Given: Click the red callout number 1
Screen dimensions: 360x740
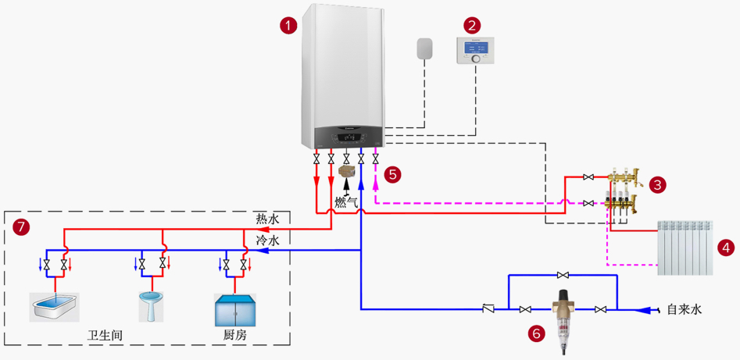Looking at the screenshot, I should (x=288, y=26).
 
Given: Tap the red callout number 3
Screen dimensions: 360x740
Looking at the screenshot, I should (x=658, y=185).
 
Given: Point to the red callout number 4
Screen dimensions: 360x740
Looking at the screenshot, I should (x=726, y=248).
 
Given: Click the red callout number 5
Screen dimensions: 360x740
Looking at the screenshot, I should (x=394, y=174).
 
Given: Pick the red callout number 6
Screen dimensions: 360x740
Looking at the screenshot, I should (x=537, y=333).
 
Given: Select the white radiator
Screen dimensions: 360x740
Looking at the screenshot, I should (x=685, y=248).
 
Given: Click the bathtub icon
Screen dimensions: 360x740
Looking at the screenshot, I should (x=54, y=307).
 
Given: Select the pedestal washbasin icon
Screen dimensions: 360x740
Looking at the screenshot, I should (x=150, y=306).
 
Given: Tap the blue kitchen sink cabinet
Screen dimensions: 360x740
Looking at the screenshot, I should (x=234, y=309).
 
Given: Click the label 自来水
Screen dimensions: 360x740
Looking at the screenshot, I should (x=684, y=309).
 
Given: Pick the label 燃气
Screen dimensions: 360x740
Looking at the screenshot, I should (x=346, y=202).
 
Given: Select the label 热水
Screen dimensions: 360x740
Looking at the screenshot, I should (x=267, y=219).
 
